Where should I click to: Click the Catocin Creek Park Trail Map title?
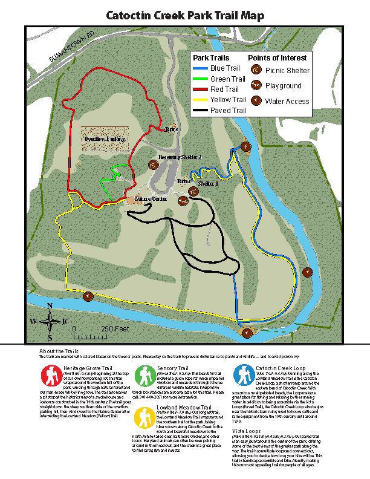(x=185, y=16)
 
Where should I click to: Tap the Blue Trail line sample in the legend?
(x=201, y=68)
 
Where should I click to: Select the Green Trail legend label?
(x=227, y=79)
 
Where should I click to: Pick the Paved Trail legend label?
(x=227, y=111)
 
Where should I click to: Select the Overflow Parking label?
(x=104, y=139)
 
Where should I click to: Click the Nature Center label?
(x=151, y=198)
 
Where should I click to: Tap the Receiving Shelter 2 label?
(x=180, y=157)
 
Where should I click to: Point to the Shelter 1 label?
(x=208, y=184)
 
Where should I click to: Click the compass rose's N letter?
(x=50, y=305)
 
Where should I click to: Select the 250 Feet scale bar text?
(x=115, y=328)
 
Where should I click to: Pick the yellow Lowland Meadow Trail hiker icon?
(x=145, y=417)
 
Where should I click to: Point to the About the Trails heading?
(x=59, y=351)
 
